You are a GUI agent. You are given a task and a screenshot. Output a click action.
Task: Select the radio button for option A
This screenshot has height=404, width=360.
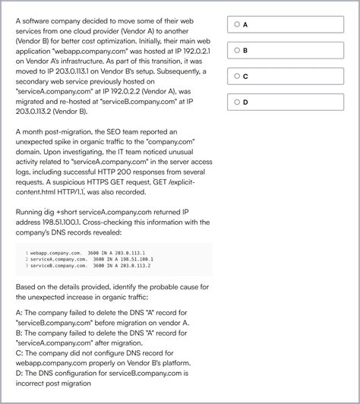[237, 24]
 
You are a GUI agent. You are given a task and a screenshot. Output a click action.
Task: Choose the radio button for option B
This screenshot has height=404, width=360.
[237, 50]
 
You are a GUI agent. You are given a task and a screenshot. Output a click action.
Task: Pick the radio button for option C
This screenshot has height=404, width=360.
[237, 76]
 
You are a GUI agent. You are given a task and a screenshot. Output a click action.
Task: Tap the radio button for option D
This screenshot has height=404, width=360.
[237, 102]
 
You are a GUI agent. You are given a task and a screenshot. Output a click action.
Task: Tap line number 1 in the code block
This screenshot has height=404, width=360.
[26, 251]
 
